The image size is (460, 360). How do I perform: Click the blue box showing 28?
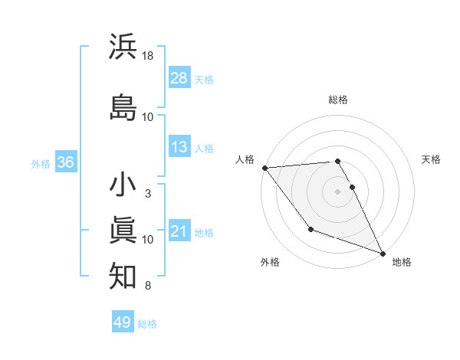tap(179, 77)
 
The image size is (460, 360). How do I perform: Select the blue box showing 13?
tap(179, 147)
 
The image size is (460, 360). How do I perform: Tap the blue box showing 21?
tap(179, 231)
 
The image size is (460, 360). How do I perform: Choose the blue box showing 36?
tap(66, 162)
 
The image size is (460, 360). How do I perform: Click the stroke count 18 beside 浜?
tap(148, 57)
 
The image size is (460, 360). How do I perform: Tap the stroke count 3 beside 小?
tap(148, 194)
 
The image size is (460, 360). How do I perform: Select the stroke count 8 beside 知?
tap(148, 286)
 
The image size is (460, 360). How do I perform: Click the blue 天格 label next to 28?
tap(204, 79)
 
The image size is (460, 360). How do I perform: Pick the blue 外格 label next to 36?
tap(40, 163)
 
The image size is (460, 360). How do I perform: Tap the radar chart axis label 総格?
tap(338, 100)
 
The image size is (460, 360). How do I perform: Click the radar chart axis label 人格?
tap(245, 159)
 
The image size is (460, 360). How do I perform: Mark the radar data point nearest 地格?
tap(383, 254)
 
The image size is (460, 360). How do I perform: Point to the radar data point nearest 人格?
tap(264, 168)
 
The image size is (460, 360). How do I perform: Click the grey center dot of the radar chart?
tap(338, 191)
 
